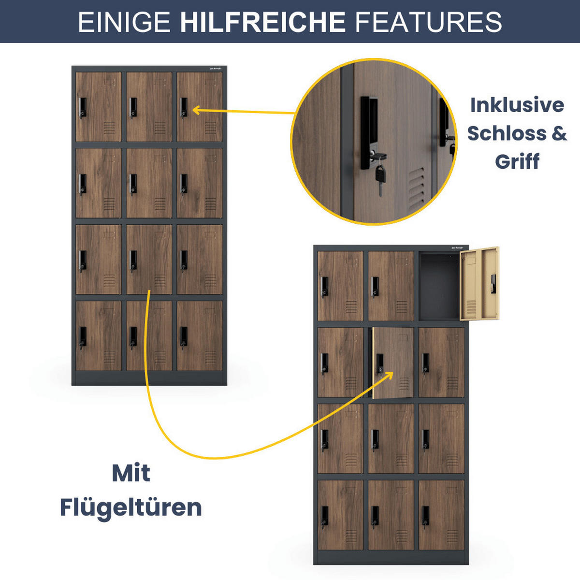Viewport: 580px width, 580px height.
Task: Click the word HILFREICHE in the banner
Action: [262, 22]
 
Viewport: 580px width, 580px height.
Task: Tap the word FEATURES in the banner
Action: [428, 22]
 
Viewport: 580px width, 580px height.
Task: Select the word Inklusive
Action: [517, 105]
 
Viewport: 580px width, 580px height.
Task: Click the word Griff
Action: [517, 161]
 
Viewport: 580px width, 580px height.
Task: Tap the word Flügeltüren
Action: [130, 507]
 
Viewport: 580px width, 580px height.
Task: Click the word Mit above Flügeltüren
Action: [131, 473]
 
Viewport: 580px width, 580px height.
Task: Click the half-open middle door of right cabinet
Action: [392, 362]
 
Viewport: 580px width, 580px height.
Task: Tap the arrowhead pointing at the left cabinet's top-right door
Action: [196, 110]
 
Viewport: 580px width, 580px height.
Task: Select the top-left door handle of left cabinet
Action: [83, 107]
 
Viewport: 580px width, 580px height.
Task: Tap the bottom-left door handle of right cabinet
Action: [324, 517]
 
